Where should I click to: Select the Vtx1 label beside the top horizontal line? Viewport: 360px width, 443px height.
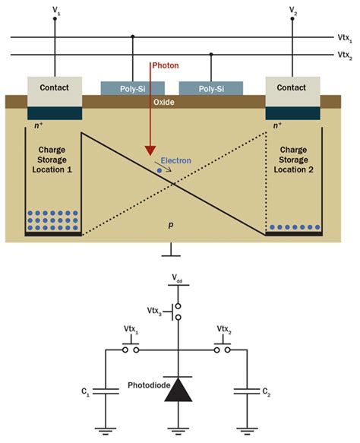(x=343, y=37)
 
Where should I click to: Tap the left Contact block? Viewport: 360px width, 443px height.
(x=55, y=88)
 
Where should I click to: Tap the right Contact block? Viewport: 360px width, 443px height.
(x=292, y=88)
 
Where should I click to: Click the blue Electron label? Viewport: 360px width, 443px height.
(x=187, y=161)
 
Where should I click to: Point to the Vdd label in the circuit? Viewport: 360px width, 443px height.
(x=178, y=279)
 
